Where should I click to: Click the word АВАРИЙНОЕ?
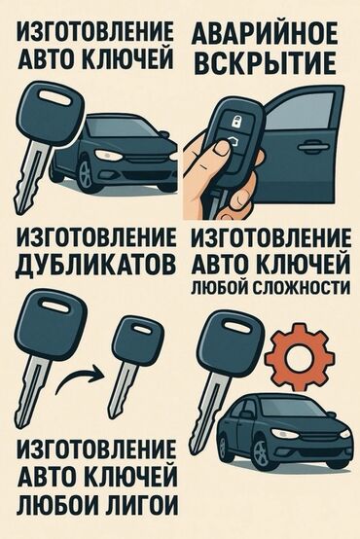pyautogui.click(x=264, y=35)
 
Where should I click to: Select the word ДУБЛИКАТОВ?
pyautogui.click(x=96, y=266)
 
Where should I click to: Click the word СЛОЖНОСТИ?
pyautogui.click(x=306, y=287)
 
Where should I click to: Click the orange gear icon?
pyautogui.click(x=300, y=357)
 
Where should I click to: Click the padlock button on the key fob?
pyautogui.click(x=236, y=121)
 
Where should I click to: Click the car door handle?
pyautogui.click(x=313, y=147)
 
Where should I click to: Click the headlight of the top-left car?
pyautogui.click(x=108, y=155)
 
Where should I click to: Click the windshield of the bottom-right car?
pyautogui.click(x=297, y=407)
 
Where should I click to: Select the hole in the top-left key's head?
pyautogui.click(x=55, y=97)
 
